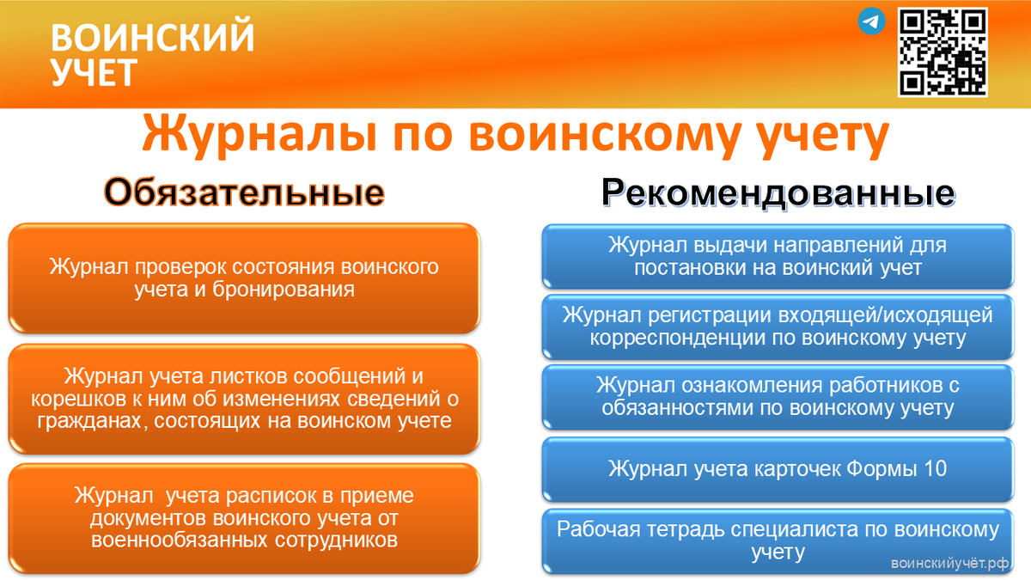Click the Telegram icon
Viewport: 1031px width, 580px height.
[871, 21]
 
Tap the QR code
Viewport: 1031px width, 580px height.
[943, 52]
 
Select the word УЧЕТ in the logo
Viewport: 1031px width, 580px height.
[94, 72]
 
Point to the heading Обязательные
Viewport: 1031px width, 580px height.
[244, 192]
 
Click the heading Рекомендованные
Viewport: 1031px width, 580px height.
[778, 192]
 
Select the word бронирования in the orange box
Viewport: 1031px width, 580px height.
[283, 290]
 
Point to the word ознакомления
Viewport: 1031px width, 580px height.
[752, 385]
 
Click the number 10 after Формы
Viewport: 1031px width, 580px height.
[935, 468]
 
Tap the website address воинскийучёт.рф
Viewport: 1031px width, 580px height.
[949, 563]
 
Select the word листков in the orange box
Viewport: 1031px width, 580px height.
[249, 376]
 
